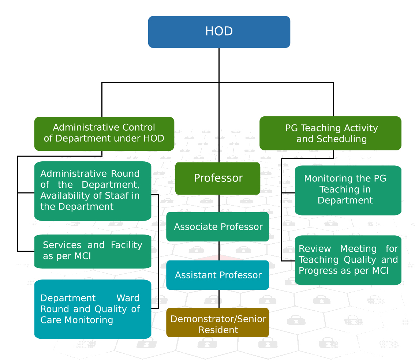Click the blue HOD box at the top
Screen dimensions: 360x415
(x=219, y=32)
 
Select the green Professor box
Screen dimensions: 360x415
(x=218, y=178)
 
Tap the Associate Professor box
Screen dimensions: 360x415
(x=218, y=227)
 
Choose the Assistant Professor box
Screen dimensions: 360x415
(x=218, y=275)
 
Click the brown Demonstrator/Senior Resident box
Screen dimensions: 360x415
(x=218, y=323)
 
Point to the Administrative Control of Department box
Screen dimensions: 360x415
(x=104, y=134)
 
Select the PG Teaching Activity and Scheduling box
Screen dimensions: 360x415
(x=330, y=134)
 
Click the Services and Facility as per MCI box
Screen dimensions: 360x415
(x=93, y=251)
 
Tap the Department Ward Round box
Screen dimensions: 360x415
(x=93, y=309)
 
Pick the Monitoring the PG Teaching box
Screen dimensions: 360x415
(x=348, y=190)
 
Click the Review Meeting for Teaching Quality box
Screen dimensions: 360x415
(x=348, y=260)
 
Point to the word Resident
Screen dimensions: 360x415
(x=218, y=330)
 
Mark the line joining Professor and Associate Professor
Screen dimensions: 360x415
(x=219, y=203)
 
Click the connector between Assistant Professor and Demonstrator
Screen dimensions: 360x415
(x=219, y=299)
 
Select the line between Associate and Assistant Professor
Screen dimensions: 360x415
(x=219, y=251)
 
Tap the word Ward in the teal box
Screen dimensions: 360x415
(x=128, y=298)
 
